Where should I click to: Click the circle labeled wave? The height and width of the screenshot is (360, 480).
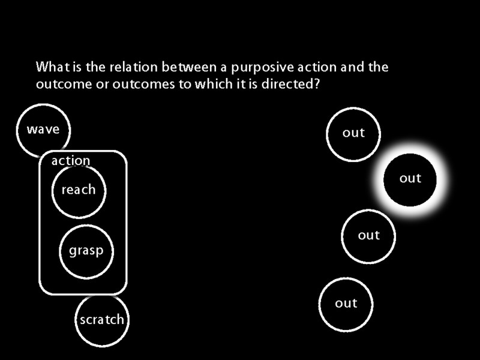[43, 130]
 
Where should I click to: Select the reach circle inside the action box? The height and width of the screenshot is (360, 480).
[79, 190]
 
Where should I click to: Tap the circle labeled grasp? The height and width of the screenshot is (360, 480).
[86, 251]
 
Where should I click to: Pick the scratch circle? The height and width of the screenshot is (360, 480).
[102, 320]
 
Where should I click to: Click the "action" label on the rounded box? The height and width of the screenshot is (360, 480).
[71, 161]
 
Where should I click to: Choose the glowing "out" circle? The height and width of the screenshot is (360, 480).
[410, 179]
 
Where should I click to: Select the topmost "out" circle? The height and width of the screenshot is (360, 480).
[353, 133]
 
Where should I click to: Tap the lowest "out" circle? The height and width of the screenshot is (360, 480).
[346, 304]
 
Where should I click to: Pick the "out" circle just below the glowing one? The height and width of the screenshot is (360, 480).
[369, 236]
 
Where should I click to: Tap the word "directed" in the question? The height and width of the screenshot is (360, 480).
[289, 84]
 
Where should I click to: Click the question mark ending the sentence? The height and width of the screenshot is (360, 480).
[316, 84]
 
